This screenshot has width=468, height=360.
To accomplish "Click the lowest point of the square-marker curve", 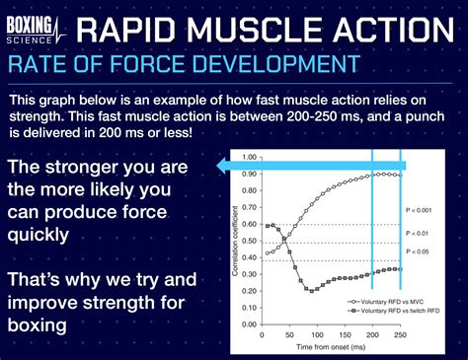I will click(309, 289).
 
